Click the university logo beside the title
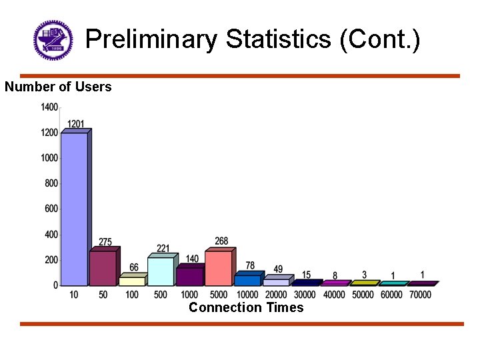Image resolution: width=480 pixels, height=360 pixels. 53,39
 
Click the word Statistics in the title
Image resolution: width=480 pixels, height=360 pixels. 277,39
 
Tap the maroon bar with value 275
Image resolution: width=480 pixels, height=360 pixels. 103,268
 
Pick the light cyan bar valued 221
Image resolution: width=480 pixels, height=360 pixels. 160,271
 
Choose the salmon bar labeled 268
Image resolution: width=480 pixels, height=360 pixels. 218,268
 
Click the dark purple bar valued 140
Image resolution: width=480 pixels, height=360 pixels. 189,277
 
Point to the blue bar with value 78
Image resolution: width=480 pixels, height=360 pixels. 247,280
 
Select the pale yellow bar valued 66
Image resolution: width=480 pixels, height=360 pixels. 131,281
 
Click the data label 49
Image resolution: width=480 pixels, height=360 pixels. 278,269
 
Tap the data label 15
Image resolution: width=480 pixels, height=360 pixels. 306,275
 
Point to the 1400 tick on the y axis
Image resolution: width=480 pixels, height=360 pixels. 49,107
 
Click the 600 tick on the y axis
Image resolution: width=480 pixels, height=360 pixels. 51,209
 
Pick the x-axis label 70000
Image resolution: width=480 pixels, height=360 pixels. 419,295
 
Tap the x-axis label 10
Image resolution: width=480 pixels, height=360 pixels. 73,295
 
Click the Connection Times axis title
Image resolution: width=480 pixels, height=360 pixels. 246,307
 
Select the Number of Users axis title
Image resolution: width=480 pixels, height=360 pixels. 58,87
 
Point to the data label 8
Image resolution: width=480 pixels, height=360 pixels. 335,276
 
